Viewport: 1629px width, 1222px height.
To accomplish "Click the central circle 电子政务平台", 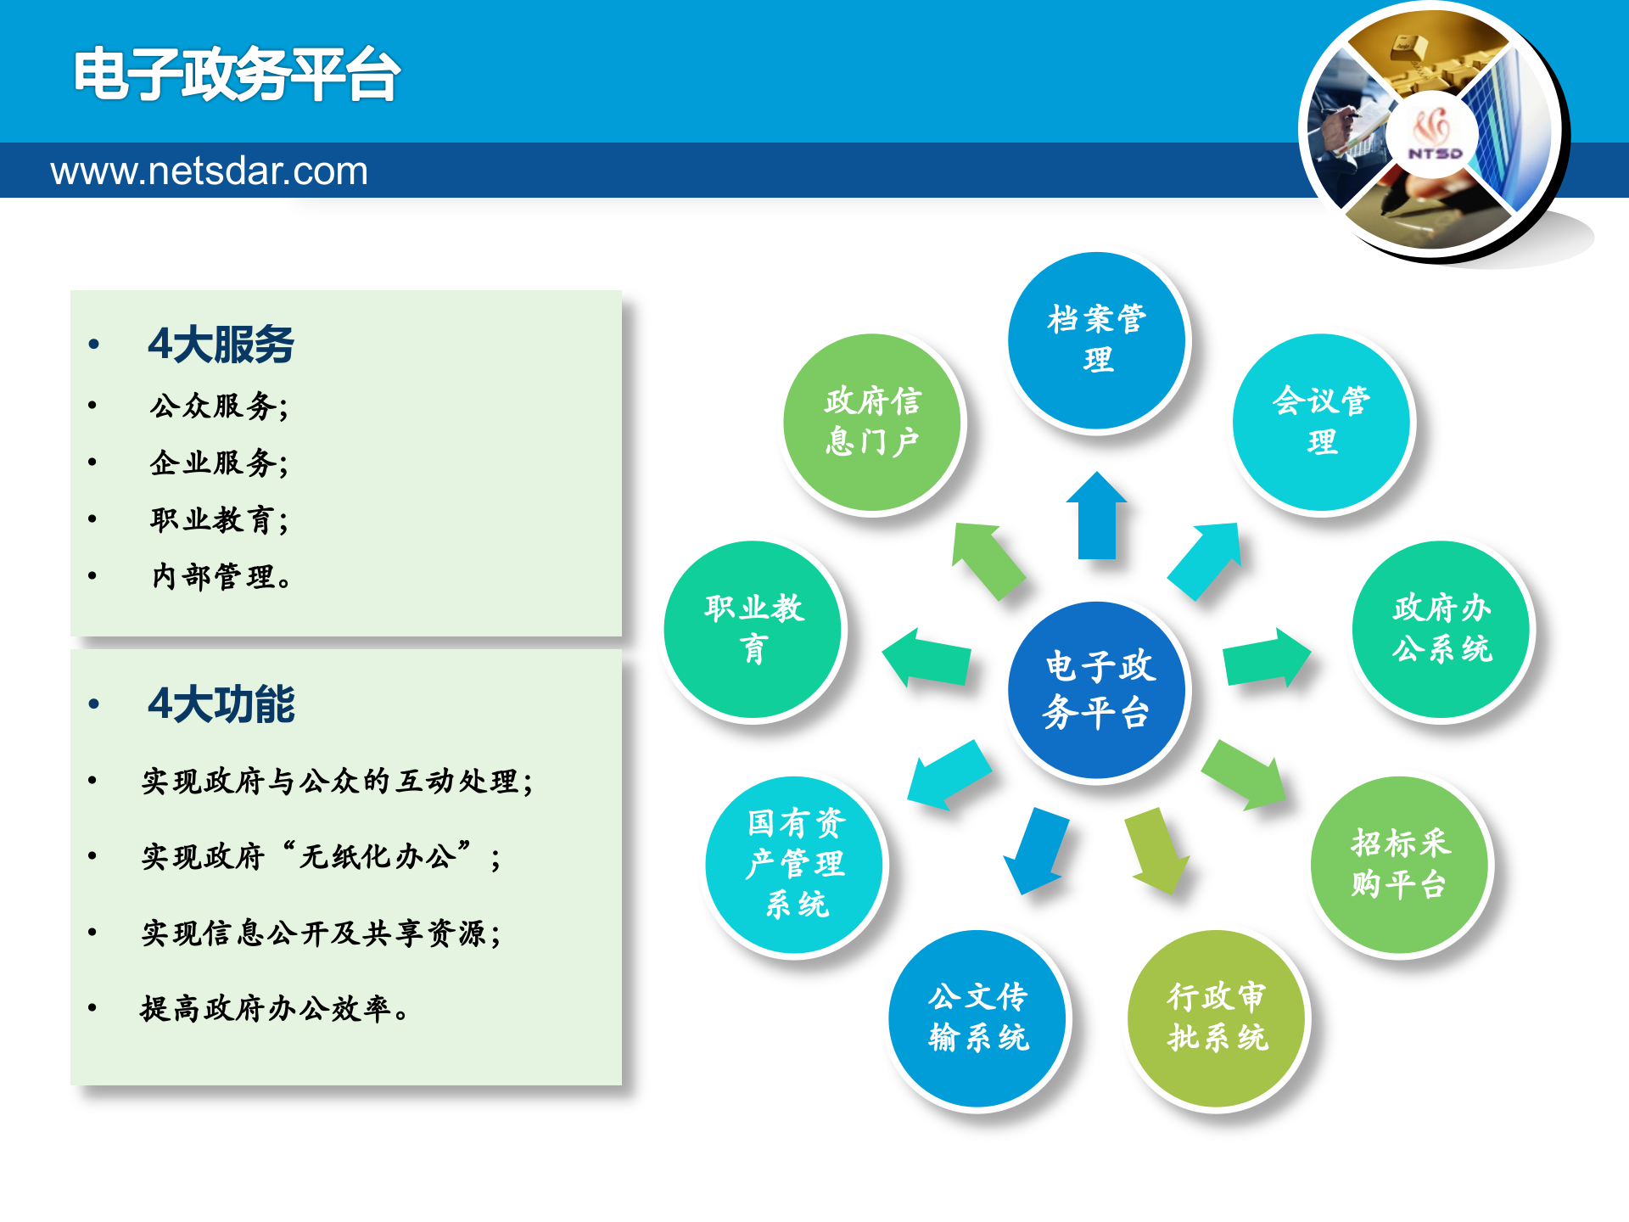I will click(1098, 690).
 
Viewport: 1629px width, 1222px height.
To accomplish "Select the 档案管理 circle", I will click(1097, 339).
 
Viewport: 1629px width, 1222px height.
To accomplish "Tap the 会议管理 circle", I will click(1321, 422).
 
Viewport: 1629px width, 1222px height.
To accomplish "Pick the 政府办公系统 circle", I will click(1441, 629).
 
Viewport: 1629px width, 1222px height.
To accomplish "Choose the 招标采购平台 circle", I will click(1399, 864).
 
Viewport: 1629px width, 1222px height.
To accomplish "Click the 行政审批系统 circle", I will click(1217, 1017).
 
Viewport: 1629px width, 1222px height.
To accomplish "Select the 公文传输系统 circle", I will click(977, 1017).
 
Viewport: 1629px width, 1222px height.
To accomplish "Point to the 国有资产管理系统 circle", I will click(795, 864).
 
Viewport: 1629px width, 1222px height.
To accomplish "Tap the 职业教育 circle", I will click(753, 629).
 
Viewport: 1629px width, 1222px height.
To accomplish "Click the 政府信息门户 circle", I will click(872, 422).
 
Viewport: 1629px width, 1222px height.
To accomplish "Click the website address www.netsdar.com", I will click(209, 171).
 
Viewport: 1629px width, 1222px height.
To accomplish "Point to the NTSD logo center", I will click(1434, 136).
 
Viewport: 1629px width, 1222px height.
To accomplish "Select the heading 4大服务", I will click(221, 345).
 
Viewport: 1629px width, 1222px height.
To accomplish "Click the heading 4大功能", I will click(221, 704).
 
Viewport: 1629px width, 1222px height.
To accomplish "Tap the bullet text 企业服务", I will click(219, 463).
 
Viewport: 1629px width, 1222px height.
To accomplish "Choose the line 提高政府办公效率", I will click(275, 1009).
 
